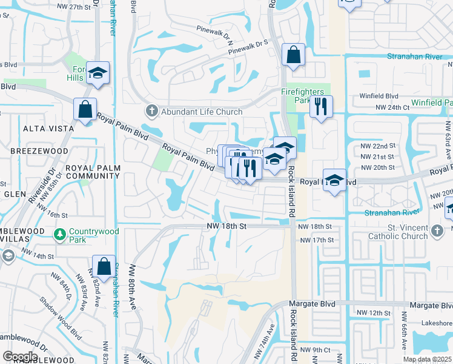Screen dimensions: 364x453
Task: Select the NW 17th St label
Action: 317,240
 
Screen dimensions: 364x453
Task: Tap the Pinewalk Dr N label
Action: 215,33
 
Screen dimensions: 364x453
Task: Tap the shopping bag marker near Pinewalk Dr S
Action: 293,55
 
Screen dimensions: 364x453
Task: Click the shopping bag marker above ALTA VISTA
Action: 85,110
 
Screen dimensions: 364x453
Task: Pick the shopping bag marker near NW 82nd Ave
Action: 104,266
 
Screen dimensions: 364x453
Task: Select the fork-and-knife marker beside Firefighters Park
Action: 321,107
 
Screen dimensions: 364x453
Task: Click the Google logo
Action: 20,357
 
